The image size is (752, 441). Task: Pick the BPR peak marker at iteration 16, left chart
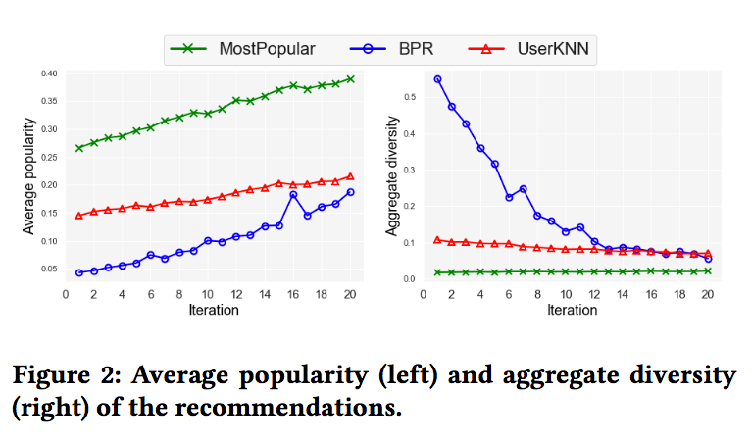coord(293,194)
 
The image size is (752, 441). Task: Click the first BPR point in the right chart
coord(437,79)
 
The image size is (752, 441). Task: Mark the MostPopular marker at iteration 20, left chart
coord(350,78)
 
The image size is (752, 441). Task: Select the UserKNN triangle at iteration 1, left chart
coord(79,216)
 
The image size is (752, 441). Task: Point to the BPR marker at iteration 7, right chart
coord(523,188)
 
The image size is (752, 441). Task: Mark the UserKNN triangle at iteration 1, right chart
coord(437,239)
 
